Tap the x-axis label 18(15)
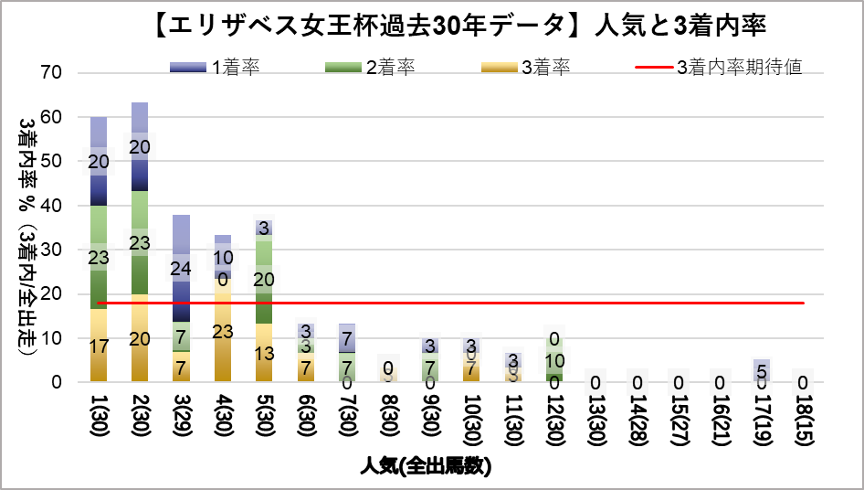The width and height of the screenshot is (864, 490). pyautogui.click(x=804, y=421)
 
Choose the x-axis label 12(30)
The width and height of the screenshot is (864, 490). pyautogui.click(x=554, y=421)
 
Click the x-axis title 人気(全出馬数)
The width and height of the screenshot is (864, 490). pyautogui.click(x=427, y=466)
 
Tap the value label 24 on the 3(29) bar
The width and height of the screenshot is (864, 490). pyautogui.click(x=181, y=269)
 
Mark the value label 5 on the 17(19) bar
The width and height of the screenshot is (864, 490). pyautogui.click(x=762, y=371)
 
